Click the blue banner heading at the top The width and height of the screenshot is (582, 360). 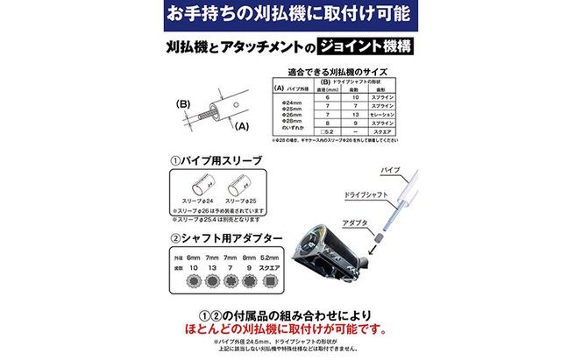pyautogui.click(x=290, y=15)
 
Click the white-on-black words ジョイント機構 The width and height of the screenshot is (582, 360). pyautogui.click(x=364, y=46)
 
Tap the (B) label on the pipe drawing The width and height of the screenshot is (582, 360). pyautogui.click(x=184, y=104)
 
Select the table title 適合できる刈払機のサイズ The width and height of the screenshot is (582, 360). pyautogui.click(x=338, y=74)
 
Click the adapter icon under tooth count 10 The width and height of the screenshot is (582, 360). pyautogui.click(x=191, y=279)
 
